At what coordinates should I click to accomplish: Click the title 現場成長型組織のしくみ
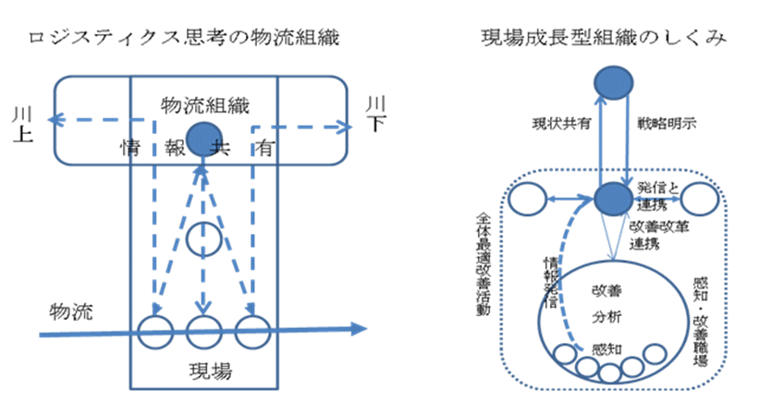click(x=603, y=38)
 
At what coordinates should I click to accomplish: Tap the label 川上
click(x=21, y=126)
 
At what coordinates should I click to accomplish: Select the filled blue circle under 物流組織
click(x=202, y=140)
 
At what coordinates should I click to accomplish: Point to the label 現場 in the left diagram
click(x=203, y=372)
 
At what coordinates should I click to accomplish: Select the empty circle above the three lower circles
click(x=202, y=240)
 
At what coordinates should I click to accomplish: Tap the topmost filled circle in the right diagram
click(x=609, y=82)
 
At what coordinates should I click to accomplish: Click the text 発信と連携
click(x=658, y=190)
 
